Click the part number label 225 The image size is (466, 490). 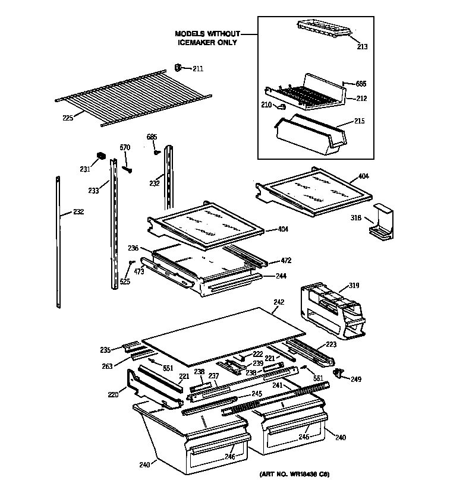[68, 118]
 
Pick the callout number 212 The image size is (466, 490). [361, 99]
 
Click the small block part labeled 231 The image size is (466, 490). [101, 157]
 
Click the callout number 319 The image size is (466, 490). [354, 286]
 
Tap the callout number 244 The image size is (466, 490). [281, 276]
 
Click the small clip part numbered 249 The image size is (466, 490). [339, 372]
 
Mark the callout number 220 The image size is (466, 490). [113, 393]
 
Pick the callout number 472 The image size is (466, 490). [287, 261]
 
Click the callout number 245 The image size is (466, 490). [256, 393]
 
